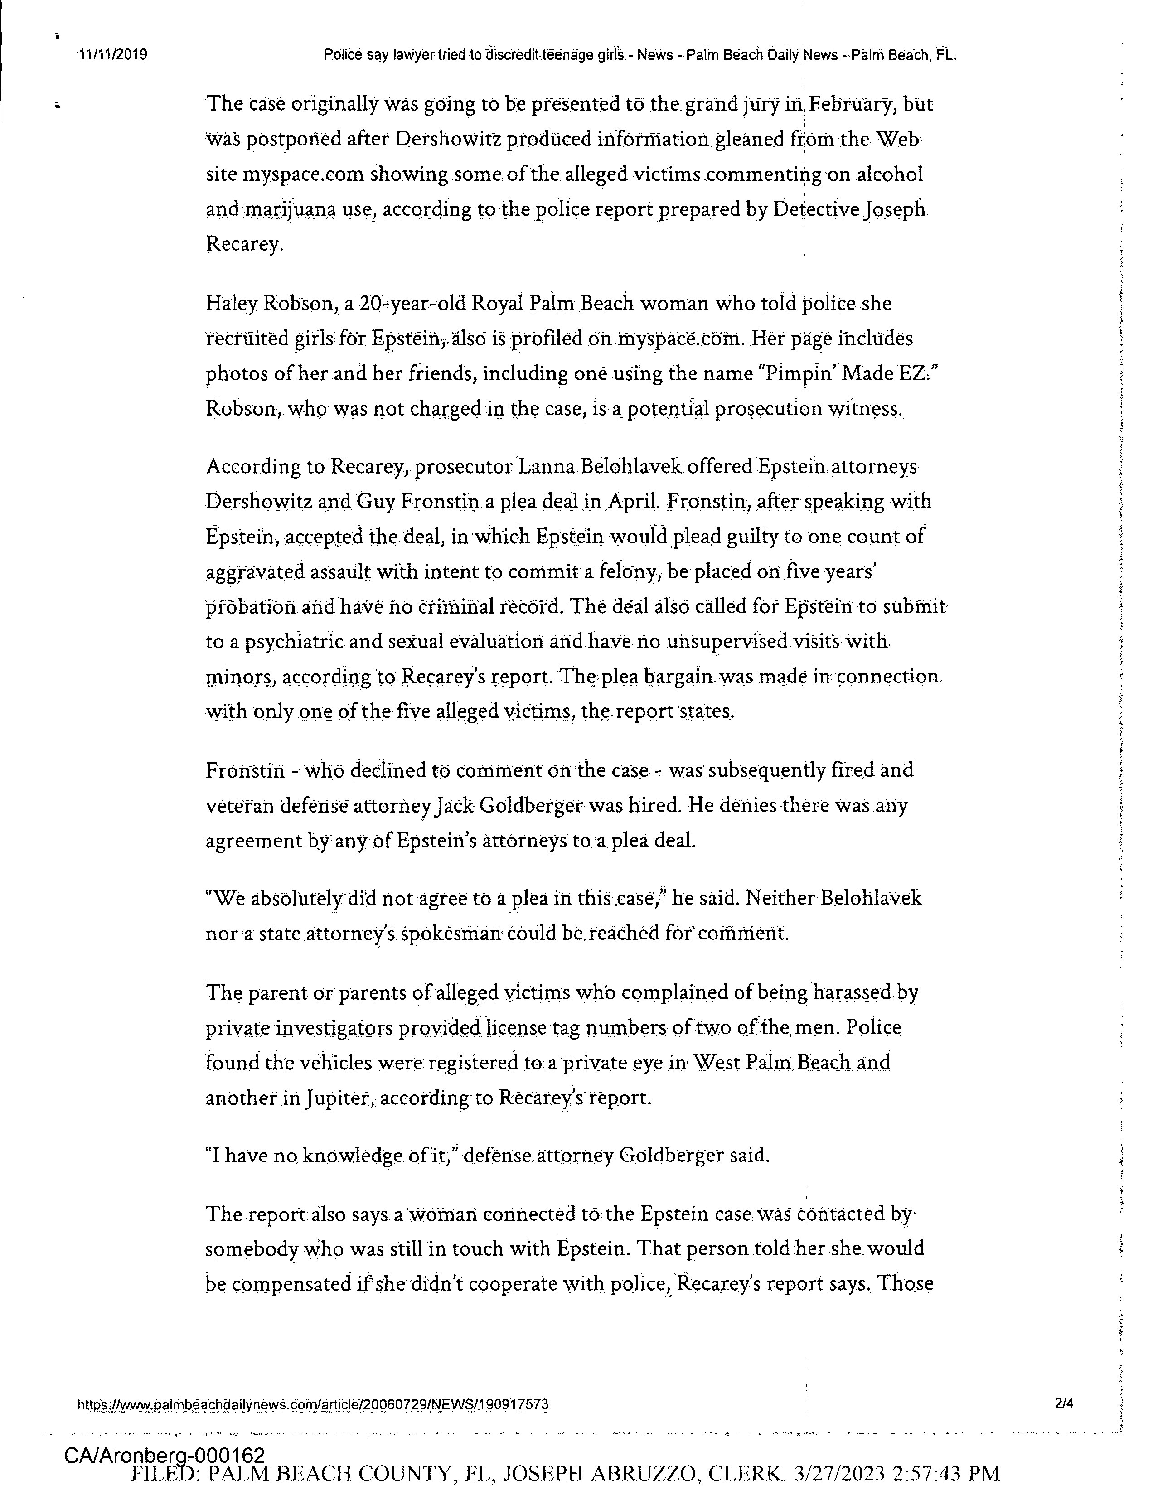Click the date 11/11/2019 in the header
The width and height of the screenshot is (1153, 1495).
(x=114, y=55)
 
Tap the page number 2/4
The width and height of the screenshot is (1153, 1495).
(x=1065, y=1404)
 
